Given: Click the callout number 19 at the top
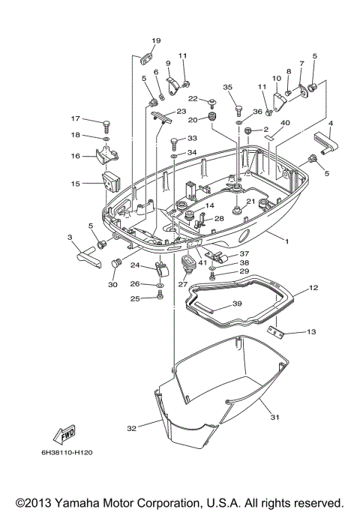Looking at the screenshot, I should pos(156,40).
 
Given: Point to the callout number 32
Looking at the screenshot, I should pos(131,428).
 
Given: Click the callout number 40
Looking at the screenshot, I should pos(285,123).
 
